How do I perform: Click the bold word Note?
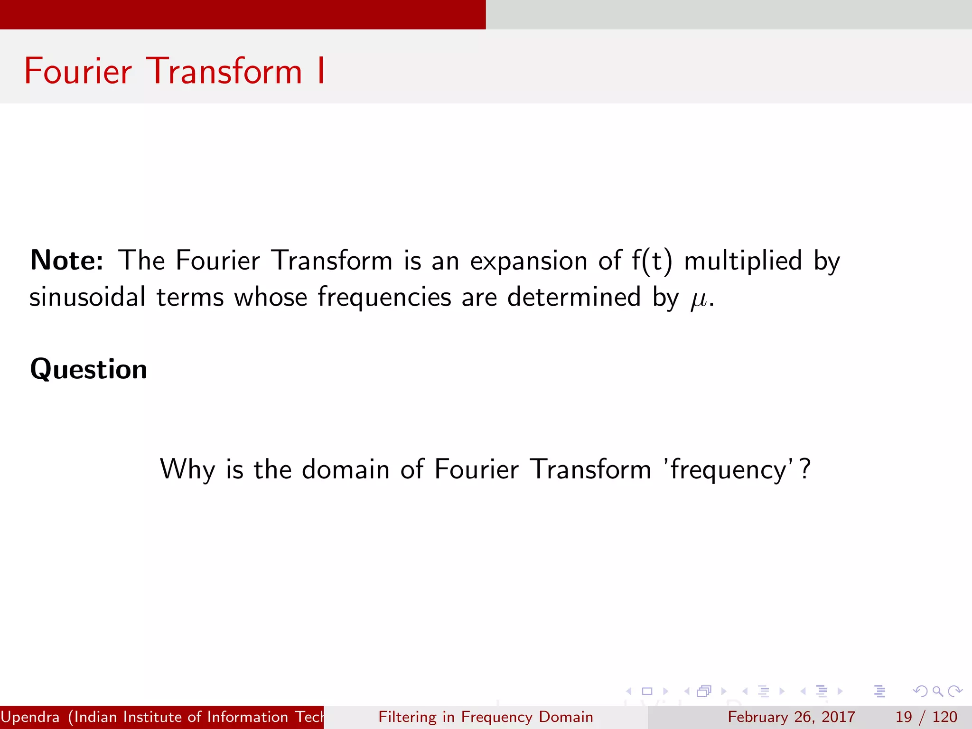pyautogui.click(x=66, y=261)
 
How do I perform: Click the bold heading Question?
pyautogui.click(x=89, y=369)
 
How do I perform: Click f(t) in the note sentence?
pyautogui.click(x=652, y=261)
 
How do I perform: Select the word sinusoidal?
pyautogui.click(x=87, y=298)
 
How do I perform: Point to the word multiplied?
pyautogui.click(x=743, y=261)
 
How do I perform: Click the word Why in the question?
pyautogui.click(x=187, y=470)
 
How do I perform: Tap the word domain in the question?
pyautogui.click(x=345, y=469)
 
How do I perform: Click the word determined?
pyautogui.click(x=574, y=298)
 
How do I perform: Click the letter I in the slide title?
pyautogui.click(x=321, y=71)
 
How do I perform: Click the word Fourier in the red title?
pyautogui.click(x=78, y=71)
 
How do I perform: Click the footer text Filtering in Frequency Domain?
pyautogui.click(x=486, y=717)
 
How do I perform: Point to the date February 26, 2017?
pyautogui.click(x=791, y=717)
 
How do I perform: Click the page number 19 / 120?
pyautogui.click(x=926, y=717)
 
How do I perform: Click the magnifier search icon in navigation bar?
pyautogui.click(x=937, y=691)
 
